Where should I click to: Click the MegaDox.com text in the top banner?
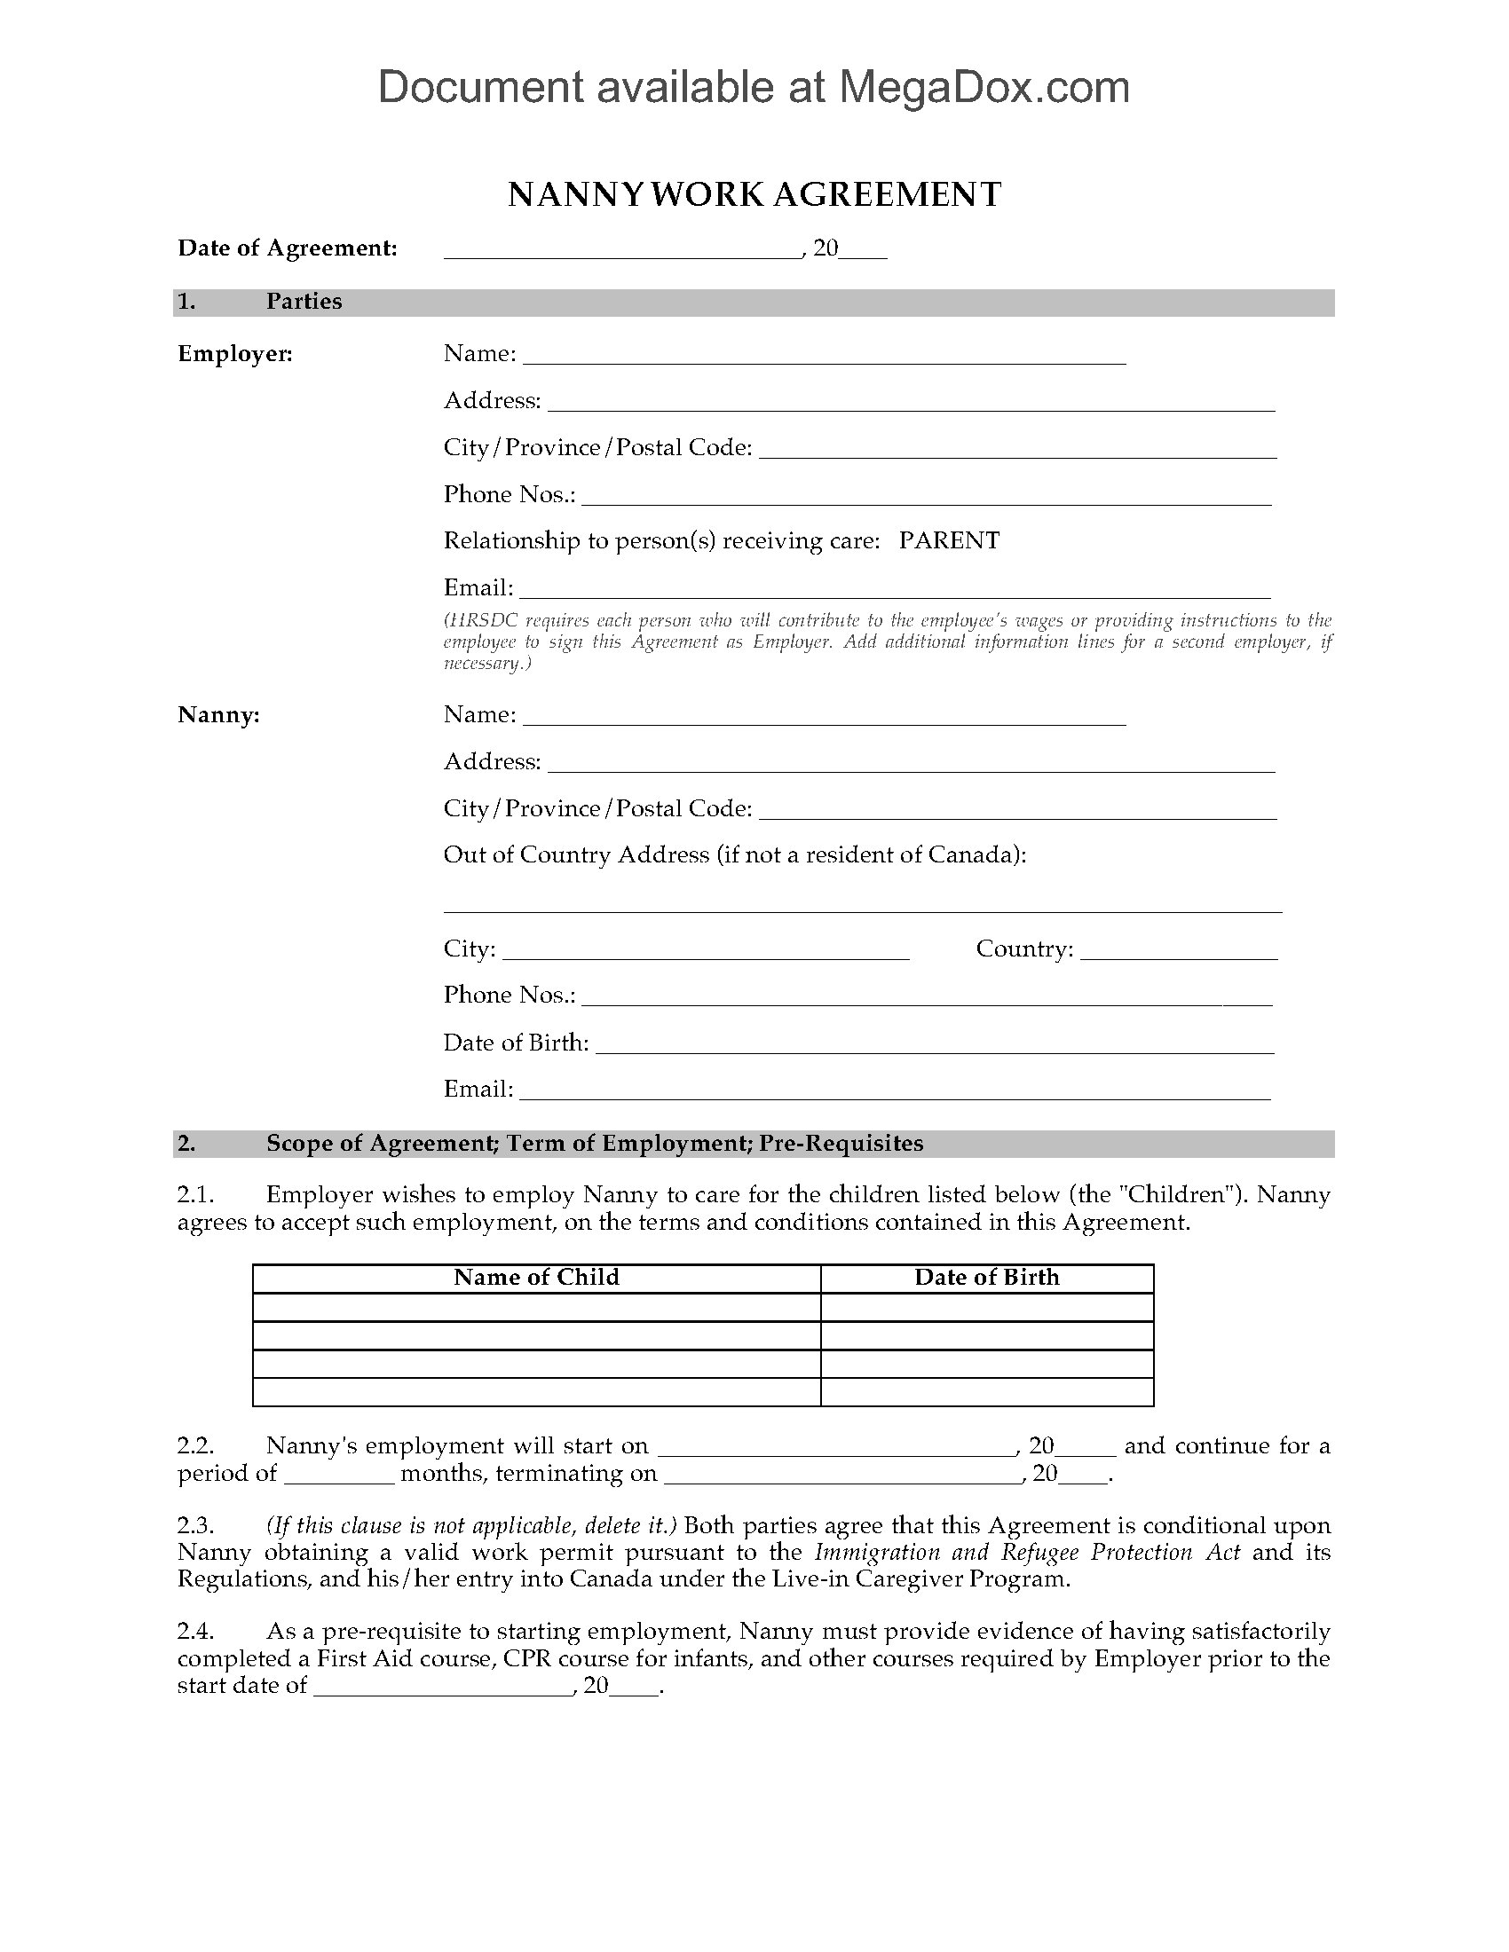(984, 88)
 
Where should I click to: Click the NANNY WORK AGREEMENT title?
(754, 195)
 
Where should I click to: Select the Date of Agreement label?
(287, 248)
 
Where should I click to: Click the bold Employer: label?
(235, 354)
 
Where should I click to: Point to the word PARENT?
(949, 540)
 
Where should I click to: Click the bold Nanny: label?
(219, 715)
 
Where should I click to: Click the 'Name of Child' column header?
(536, 1277)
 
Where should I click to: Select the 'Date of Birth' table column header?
(987, 1277)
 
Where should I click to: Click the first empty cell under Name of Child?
(536, 1308)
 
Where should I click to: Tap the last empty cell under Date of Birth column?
(987, 1391)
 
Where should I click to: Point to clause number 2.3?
(196, 1526)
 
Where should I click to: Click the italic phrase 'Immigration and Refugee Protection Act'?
(1027, 1553)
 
